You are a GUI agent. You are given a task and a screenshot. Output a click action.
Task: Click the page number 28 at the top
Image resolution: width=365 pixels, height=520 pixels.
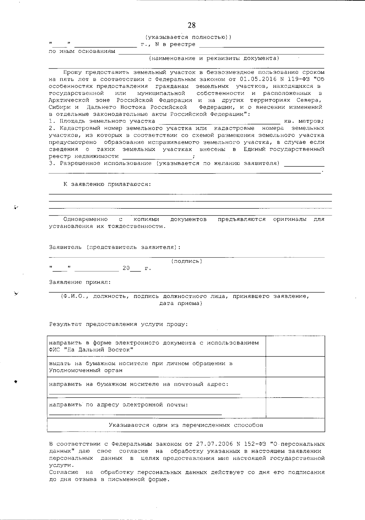192,25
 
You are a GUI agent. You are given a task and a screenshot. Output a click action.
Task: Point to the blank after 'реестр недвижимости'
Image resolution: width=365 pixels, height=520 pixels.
157,157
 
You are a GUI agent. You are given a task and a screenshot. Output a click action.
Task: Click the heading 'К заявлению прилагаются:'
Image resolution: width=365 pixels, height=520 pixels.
107,184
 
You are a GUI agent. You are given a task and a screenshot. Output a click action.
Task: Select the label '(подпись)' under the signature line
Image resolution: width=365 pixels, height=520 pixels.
186,261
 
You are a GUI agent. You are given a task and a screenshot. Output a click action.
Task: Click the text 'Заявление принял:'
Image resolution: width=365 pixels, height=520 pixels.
80,282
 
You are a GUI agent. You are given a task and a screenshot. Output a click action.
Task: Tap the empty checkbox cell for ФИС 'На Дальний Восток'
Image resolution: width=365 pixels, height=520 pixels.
295,346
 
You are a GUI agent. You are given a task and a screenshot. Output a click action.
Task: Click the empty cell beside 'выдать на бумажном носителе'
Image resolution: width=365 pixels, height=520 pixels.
295,367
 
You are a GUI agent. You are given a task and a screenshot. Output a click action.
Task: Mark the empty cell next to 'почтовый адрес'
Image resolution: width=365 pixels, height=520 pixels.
295,388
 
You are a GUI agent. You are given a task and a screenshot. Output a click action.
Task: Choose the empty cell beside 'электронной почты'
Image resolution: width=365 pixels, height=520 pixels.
295,408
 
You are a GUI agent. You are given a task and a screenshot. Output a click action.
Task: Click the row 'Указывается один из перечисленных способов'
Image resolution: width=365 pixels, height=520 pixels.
186,425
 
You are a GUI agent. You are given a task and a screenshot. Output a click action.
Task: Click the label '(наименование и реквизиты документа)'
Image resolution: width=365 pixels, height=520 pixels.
214,58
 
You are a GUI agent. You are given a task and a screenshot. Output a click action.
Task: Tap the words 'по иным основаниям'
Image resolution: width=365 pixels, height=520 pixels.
82,51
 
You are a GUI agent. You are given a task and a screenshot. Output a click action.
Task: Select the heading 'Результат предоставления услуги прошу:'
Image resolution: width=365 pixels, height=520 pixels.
119,324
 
